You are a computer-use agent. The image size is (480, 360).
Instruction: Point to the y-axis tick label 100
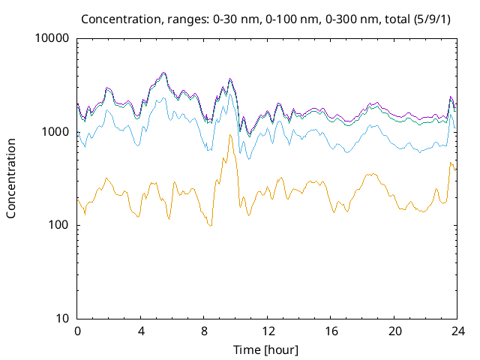click(58, 226)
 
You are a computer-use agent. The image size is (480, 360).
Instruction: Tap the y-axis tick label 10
click(61, 319)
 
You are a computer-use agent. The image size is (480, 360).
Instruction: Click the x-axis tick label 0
click(77, 331)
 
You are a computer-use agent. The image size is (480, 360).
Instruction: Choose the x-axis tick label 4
click(141, 331)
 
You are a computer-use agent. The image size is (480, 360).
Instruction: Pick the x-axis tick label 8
click(204, 331)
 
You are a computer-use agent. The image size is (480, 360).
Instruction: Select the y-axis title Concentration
click(12, 178)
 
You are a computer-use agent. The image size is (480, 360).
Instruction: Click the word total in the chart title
click(396, 18)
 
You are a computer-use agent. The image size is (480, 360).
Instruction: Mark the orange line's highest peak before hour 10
click(230, 135)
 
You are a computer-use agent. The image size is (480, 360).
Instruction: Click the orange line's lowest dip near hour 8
click(211, 226)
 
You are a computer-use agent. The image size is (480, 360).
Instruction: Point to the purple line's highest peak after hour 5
click(163, 73)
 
